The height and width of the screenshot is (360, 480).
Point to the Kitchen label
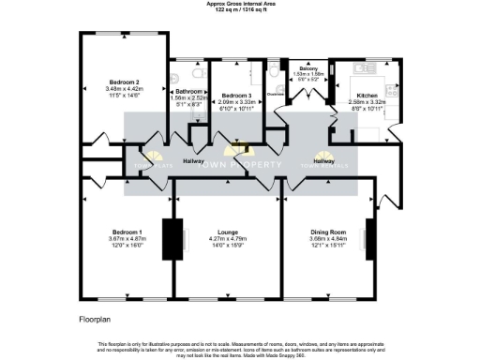367,96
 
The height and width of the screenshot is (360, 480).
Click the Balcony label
307,69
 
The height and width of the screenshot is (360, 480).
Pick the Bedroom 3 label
237,96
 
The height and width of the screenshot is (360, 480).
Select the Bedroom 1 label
127,232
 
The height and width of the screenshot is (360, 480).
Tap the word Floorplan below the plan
95,320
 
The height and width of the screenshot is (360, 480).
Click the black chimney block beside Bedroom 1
170,240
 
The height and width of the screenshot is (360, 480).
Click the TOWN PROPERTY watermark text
239,162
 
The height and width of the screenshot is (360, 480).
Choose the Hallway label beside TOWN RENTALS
323,161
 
